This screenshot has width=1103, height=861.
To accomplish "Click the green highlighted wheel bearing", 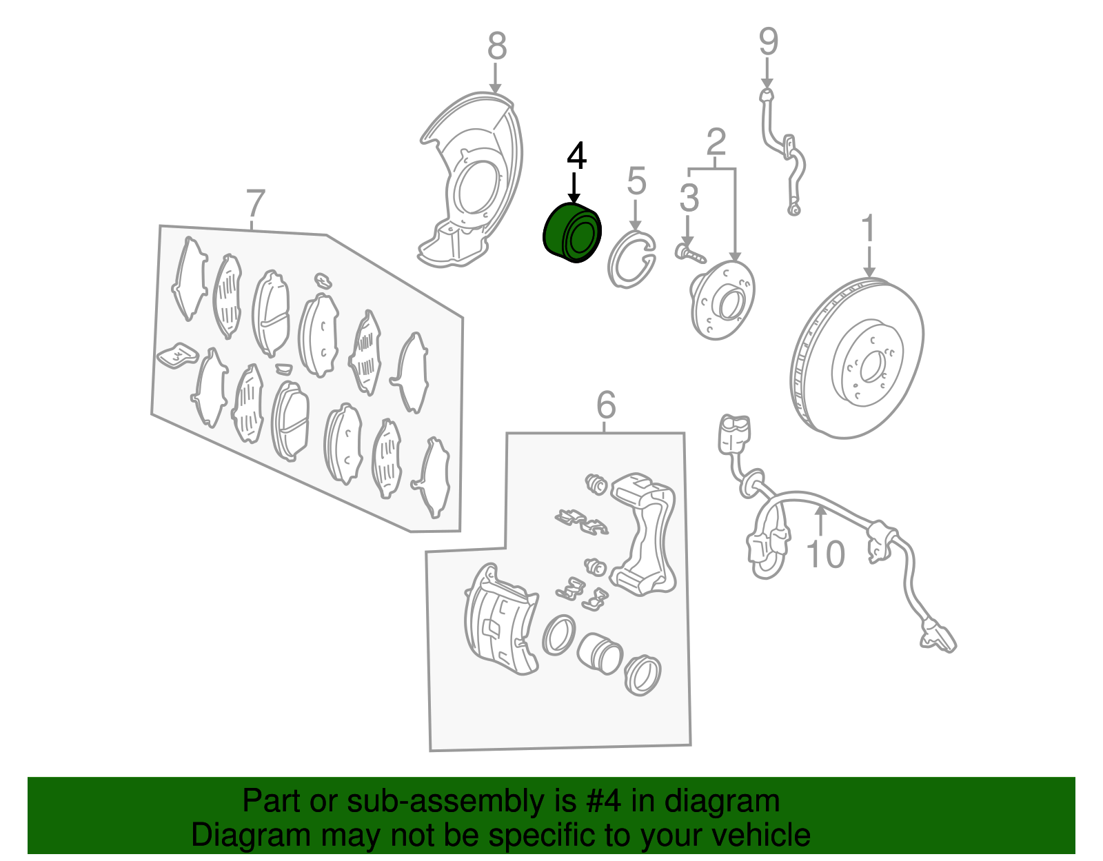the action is [x=572, y=233].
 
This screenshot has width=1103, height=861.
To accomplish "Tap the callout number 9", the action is [x=768, y=41].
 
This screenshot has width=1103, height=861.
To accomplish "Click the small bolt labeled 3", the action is [x=690, y=254].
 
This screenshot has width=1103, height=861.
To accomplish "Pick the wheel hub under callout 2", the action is [x=722, y=300].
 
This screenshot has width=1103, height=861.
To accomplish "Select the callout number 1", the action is [x=869, y=227].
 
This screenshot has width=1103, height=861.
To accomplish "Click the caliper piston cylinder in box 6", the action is [x=599, y=654].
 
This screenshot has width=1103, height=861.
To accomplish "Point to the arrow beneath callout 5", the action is [x=635, y=216].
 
